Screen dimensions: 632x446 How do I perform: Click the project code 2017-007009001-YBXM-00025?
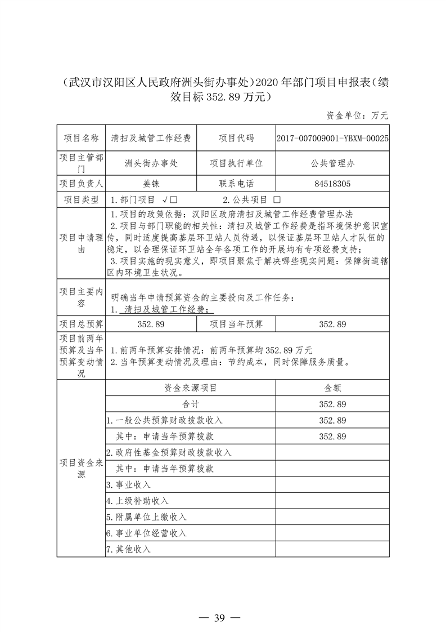coord(332,138)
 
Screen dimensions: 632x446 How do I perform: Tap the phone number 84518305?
coord(332,184)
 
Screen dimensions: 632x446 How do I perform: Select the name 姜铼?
coord(151,184)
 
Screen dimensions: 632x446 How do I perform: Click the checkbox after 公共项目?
coord(276,200)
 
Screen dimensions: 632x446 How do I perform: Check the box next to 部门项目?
coord(174,200)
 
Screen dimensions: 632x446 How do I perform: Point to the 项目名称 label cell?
coord(81,138)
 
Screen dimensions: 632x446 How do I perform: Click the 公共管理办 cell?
coord(332,163)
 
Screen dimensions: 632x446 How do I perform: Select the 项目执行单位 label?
coord(236,163)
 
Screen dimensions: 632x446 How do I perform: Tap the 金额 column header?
coord(332,388)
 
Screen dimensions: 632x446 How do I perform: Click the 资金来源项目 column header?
coord(190,388)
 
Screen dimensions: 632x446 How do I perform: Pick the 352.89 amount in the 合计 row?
coord(332,404)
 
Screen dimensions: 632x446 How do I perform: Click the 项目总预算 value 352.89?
coord(151,324)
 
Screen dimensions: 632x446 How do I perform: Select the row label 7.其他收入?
coord(129,549)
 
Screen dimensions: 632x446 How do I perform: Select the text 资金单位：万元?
coord(357,115)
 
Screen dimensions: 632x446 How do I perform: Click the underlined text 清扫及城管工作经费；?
coord(169,309)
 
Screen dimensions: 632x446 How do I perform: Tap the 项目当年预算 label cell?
coord(236,324)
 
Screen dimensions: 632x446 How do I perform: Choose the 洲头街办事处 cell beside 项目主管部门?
coord(151,163)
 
